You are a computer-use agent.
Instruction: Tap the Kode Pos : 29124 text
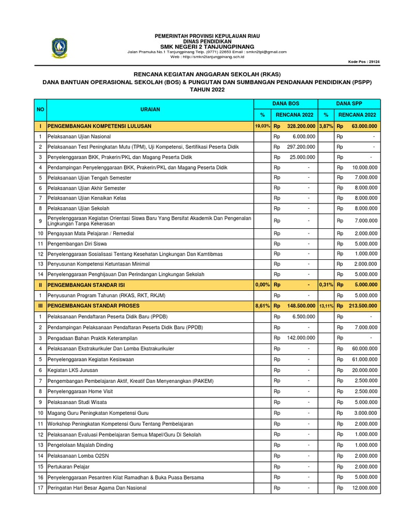coord(364,61)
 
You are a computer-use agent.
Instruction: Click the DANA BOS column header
coord(286,104)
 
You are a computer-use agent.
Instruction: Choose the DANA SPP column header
coord(349,104)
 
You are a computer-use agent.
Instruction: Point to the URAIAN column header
coord(150,110)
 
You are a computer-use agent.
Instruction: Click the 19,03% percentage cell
coord(262,126)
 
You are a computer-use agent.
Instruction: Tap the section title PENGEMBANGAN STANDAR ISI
coord(94,285)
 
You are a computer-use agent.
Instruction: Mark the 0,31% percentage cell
coord(325,285)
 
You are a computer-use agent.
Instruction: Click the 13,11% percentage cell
coord(325,306)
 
